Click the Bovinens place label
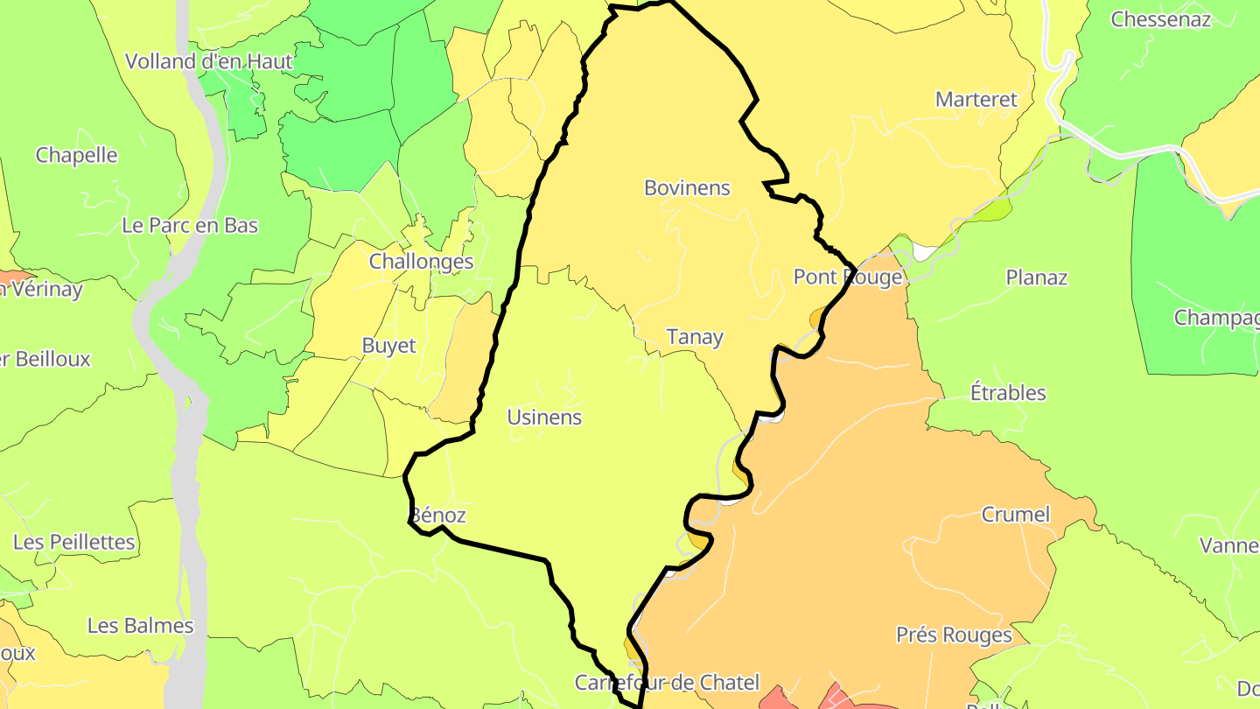(x=687, y=187)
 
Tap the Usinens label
(x=544, y=417)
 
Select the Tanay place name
(x=695, y=337)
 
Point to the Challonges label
(x=421, y=261)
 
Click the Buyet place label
(x=388, y=346)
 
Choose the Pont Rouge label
(x=847, y=277)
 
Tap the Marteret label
(x=976, y=99)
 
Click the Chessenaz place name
(x=1160, y=19)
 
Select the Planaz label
(x=1036, y=277)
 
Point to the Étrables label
(x=1008, y=392)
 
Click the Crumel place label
(x=1015, y=514)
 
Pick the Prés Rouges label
(x=954, y=635)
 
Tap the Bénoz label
(x=437, y=516)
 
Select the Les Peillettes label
(x=74, y=542)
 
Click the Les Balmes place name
(x=140, y=626)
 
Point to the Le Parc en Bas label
(x=190, y=225)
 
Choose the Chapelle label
(x=76, y=155)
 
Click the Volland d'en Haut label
(x=208, y=61)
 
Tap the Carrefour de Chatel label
(x=667, y=682)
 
